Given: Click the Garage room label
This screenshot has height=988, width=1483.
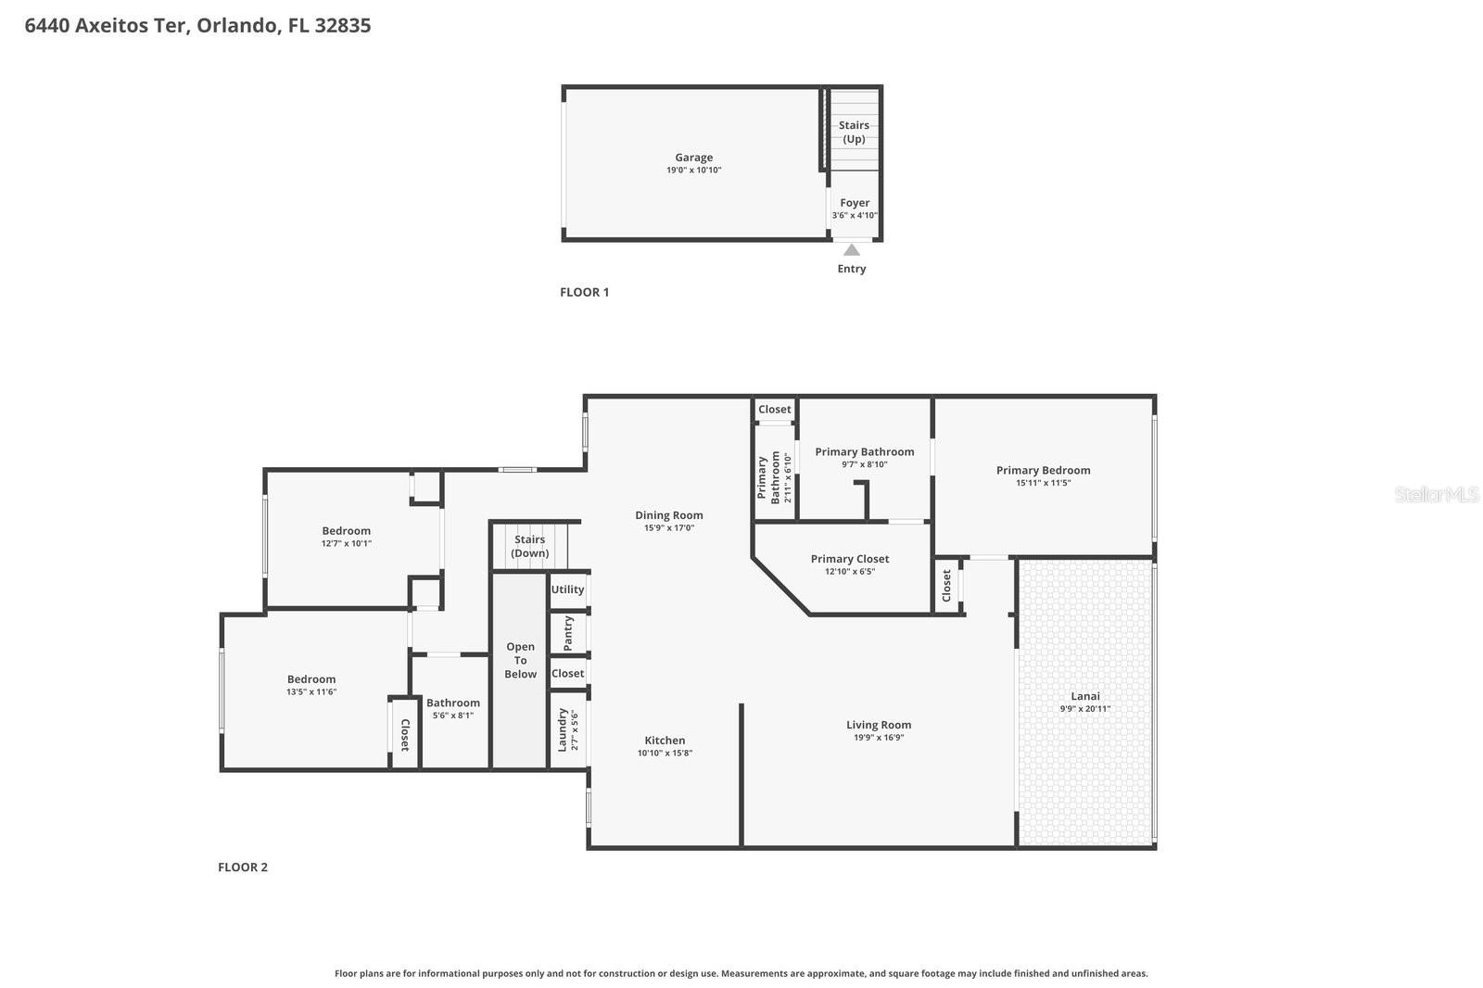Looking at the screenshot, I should [693, 158].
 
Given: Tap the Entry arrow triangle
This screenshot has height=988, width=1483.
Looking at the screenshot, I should [851, 249].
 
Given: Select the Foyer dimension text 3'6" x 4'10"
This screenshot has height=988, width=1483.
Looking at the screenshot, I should [854, 215].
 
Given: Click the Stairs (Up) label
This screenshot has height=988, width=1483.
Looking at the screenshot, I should [854, 132].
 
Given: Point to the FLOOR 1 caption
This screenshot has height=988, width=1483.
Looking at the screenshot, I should [584, 292].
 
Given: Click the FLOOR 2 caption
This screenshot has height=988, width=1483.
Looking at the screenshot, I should [243, 868].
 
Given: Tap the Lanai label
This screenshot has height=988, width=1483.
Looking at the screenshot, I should [1085, 696].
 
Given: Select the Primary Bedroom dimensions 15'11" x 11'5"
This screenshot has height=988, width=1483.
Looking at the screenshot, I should [1043, 483].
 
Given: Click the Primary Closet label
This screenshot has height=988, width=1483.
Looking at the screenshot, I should [849, 559].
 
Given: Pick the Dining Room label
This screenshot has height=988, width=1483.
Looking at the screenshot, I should [668, 515].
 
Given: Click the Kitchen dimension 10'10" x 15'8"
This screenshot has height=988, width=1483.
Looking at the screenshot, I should [665, 754].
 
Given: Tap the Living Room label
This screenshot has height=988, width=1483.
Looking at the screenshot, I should [878, 725].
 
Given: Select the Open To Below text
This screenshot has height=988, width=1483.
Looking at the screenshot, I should [520, 661].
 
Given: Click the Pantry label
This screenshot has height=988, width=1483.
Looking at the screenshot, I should [568, 633].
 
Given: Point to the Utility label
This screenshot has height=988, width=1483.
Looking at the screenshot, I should [567, 589].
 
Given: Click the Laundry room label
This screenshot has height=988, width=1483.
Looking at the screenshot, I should [562, 729].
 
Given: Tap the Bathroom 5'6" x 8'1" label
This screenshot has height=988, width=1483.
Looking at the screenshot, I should [452, 703].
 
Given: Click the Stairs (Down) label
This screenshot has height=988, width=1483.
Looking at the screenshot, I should [529, 546].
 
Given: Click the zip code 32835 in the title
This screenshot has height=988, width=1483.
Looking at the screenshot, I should [342, 25].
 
